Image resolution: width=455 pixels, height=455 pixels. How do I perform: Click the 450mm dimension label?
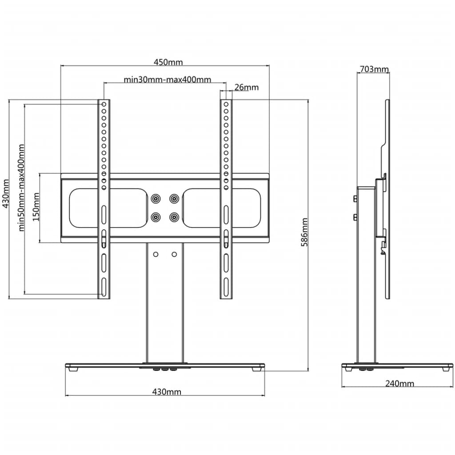[168, 62]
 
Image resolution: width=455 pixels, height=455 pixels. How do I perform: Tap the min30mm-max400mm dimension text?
[167, 80]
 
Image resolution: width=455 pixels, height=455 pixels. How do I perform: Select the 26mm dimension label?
[246, 87]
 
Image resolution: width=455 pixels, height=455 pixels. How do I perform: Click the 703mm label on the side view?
[373, 69]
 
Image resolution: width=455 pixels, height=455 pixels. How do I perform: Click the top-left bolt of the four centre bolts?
[156, 198]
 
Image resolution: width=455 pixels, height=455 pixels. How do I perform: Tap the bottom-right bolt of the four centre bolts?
[174, 217]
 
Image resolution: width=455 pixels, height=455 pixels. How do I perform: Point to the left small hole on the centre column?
[156, 254]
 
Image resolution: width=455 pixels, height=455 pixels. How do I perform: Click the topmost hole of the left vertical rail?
[104, 104]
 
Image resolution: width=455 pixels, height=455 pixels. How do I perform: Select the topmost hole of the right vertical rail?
[226, 104]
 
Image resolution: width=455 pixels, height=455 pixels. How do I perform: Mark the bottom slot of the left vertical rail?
[104, 286]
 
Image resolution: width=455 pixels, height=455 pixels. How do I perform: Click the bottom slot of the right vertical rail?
[226, 286]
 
